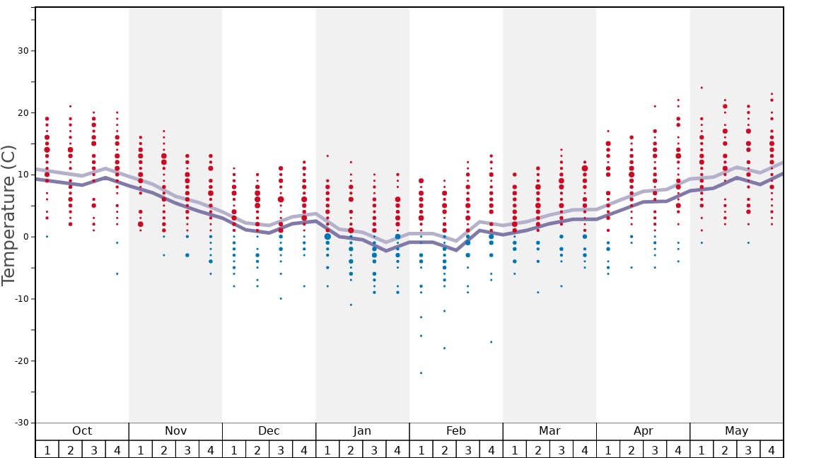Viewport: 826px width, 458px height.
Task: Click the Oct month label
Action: tap(82, 431)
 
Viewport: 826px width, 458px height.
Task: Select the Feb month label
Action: tap(456, 431)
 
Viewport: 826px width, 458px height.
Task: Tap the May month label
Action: tap(736, 431)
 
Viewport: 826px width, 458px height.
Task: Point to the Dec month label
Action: tap(269, 431)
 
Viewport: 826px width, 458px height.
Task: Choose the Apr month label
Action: tap(643, 431)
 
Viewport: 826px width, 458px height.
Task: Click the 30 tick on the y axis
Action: tap(22, 51)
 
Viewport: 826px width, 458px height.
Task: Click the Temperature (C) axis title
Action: tap(8, 215)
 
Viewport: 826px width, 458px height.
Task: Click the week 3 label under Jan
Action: tap(374, 450)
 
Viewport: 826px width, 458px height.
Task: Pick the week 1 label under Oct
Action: tap(47, 450)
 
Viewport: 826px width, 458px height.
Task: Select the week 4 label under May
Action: tap(772, 450)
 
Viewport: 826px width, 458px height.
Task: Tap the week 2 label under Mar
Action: tap(537, 450)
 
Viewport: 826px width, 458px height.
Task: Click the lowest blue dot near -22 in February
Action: tap(421, 373)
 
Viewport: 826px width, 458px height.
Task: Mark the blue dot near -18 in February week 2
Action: tap(444, 348)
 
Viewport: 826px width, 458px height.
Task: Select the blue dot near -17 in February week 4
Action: tap(491, 342)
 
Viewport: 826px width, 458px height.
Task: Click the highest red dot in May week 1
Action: tap(702, 88)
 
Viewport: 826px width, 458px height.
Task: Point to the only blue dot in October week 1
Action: tap(47, 237)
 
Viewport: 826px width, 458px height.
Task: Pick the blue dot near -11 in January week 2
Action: tap(351, 305)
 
